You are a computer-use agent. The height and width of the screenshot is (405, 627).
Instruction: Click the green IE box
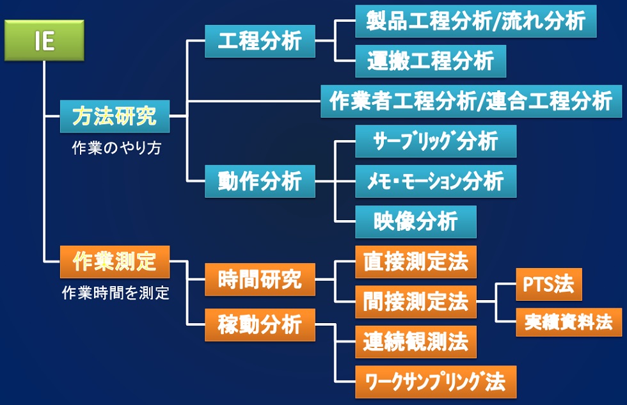[44, 40]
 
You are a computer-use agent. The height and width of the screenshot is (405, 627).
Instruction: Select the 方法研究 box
[115, 116]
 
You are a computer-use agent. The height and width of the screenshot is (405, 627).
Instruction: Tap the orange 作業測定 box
[115, 262]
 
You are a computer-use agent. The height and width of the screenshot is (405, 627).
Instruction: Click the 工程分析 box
[260, 41]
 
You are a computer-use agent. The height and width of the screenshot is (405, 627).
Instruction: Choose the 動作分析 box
[260, 181]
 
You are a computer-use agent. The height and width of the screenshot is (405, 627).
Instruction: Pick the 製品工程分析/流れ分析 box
[476, 21]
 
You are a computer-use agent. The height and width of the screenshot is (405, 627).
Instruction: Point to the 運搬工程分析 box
[431, 61]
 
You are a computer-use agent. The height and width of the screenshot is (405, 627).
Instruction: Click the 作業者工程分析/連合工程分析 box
[471, 100]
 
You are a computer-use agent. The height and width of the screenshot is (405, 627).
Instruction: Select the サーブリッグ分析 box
[436, 141]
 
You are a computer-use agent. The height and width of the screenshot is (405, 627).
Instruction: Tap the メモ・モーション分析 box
[436, 181]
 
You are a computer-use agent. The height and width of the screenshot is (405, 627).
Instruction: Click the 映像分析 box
[416, 221]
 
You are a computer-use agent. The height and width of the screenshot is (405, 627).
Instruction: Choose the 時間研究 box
[260, 280]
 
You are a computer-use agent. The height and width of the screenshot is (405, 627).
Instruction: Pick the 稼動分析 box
[260, 324]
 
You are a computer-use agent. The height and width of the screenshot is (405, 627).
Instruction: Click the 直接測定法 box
[416, 262]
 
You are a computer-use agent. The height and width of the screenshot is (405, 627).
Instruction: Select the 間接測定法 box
[416, 302]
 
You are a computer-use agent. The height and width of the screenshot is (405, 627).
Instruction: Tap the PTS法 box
[549, 284]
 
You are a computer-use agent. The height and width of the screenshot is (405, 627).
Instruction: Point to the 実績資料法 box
[569, 322]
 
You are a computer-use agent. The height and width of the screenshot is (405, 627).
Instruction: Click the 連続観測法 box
[416, 342]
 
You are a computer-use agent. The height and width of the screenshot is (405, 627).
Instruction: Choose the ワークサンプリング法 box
[436, 382]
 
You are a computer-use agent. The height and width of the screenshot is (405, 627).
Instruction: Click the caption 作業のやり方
[116, 148]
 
